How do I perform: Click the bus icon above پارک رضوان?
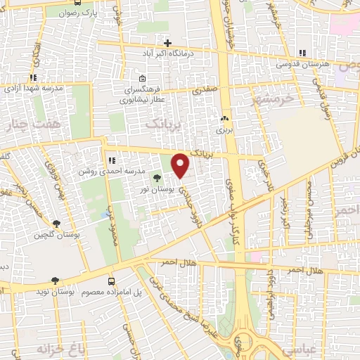[75, 11]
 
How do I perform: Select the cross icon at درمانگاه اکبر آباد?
[167, 43]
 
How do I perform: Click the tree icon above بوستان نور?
[156, 179]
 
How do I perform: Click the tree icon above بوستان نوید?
[54, 280]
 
